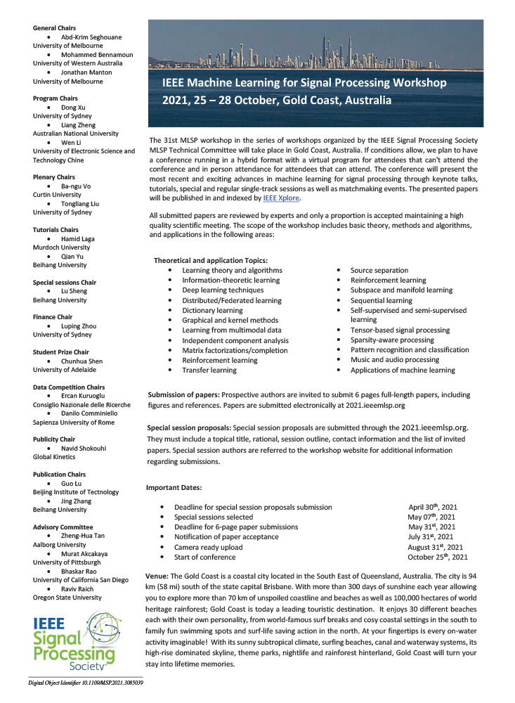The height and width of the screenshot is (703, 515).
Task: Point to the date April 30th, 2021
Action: pyautogui.click(x=433, y=506)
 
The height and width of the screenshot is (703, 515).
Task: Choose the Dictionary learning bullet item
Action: pyautogui.click(x=212, y=310)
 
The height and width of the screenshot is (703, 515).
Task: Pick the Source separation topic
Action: pyautogui.click(x=379, y=270)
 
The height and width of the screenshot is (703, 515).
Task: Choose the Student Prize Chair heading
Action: pyautogui.click(x=60, y=351)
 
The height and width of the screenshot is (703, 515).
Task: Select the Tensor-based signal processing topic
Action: pyautogui.click(x=400, y=330)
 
